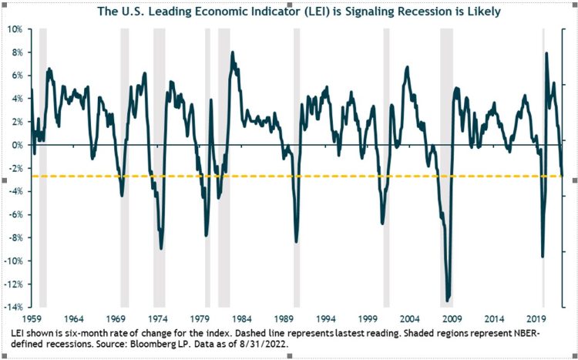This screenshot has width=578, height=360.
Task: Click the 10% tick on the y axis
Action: pyautogui.click(x=15, y=29)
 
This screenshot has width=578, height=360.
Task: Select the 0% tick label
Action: pyautogui.click(x=17, y=144)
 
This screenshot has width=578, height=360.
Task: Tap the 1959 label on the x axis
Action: pyautogui.click(x=31, y=317)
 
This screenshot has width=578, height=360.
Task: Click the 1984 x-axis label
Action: pyautogui.click(x=243, y=317)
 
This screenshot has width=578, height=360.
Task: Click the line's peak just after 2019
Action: pyautogui.click(x=546, y=53)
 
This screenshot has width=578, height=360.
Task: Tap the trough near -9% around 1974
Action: pyautogui.click(x=161, y=247)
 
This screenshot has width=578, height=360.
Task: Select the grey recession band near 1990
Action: pyautogui.click(x=297, y=154)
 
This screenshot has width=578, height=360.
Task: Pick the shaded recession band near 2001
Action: pyautogui.click(x=386, y=154)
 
